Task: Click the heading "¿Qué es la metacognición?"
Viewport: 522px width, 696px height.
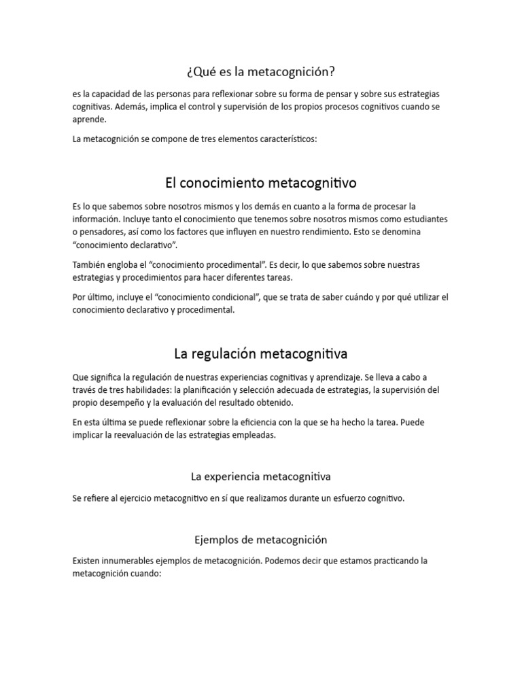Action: click(260, 71)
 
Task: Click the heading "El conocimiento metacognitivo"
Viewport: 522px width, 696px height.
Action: click(260, 183)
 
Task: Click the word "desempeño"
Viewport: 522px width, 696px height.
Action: click(122, 402)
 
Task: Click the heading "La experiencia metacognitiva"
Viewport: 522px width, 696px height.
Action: click(260, 476)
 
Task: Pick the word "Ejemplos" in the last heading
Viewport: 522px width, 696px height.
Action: click(216, 540)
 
